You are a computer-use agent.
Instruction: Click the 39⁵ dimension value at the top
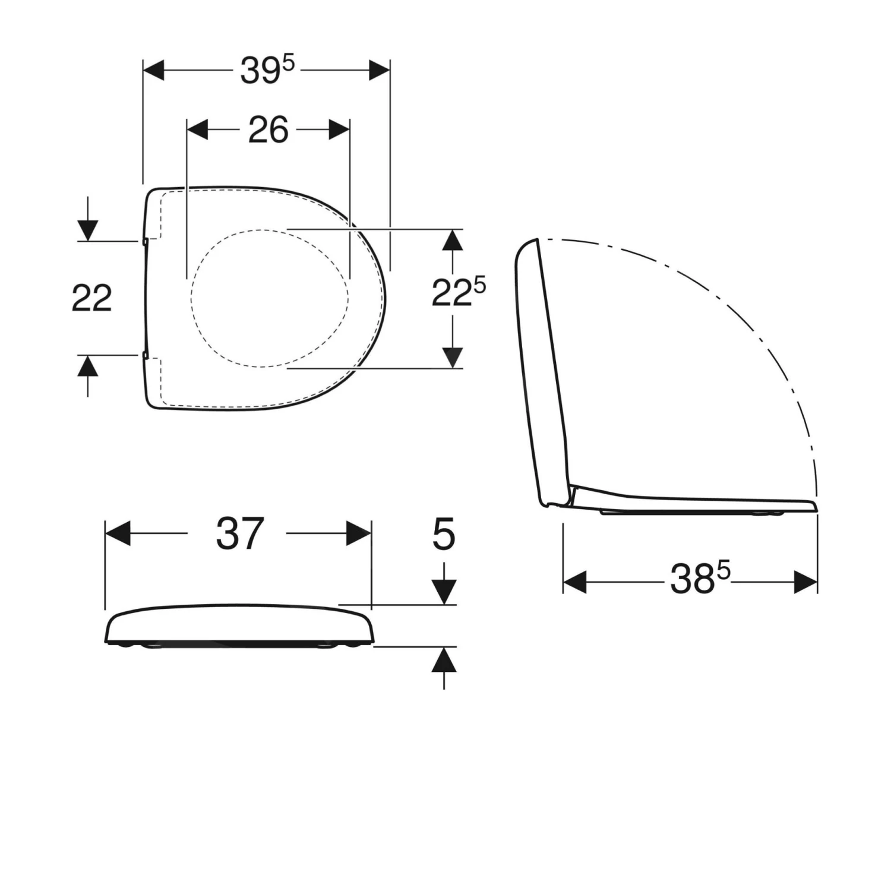click(x=267, y=71)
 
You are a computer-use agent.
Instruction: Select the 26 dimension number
click(x=268, y=129)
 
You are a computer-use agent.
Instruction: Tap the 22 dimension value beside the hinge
click(x=91, y=298)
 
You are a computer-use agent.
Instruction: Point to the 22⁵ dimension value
click(x=457, y=292)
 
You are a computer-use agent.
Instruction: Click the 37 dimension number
click(x=239, y=533)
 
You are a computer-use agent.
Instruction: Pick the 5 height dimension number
click(x=444, y=535)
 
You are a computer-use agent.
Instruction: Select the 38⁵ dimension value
click(x=699, y=579)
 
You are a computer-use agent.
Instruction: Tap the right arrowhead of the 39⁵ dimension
click(x=378, y=70)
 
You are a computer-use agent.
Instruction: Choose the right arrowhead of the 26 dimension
click(x=339, y=129)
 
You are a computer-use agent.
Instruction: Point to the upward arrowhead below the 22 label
click(x=88, y=366)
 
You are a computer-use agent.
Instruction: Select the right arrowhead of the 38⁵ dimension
click(x=805, y=582)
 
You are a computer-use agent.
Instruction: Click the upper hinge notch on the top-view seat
click(x=146, y=241)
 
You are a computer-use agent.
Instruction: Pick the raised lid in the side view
click(x=544, y=368)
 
